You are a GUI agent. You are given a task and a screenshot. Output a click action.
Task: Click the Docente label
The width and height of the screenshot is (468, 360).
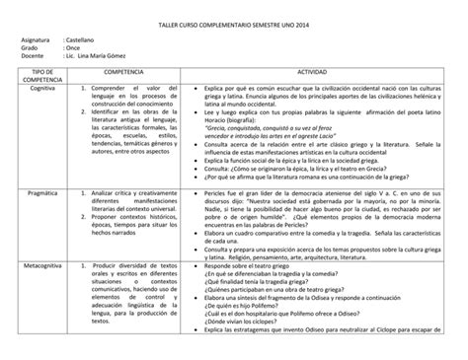pyautogui.click(x=33, y=58)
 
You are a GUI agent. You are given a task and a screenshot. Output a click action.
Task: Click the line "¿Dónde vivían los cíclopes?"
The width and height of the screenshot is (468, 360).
pyautogui.click(x=246, y=322)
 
